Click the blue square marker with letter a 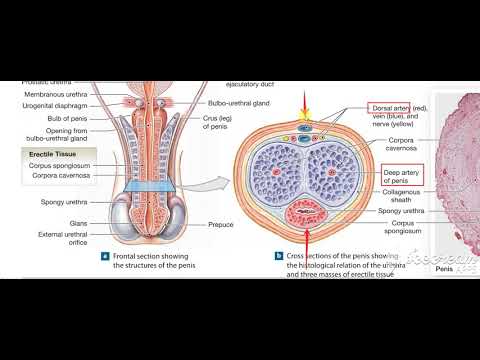pyautogui.click(x=105, y=255)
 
